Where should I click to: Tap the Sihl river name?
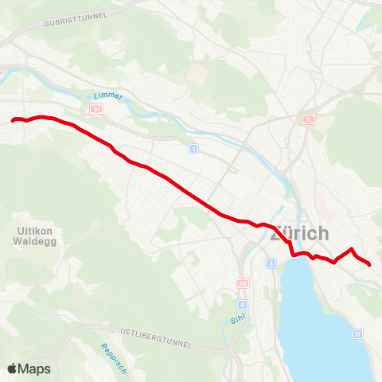pyautogui.click(x=226, y=322)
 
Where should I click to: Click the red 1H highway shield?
pyautogui.click(x=96, y=108)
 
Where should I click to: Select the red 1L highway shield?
pyautogui.click(x=309, y=119)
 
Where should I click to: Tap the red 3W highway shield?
pyautogui.click(x=243, y=283)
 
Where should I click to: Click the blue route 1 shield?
pyautogui.click(x=193, y=148)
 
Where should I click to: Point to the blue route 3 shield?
pyautogui.click(x=271, y=263)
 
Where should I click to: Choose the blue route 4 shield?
pyautogui.click(x=242, y=304)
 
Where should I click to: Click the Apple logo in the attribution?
pyautogui.click(x=12, y=368)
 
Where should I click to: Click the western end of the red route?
pyautogui.click(x=14, y=120)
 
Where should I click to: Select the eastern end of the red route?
pyautogui.click(x=370, y=264)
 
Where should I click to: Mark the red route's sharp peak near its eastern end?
pyautogui.click(x=352, y=249)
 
